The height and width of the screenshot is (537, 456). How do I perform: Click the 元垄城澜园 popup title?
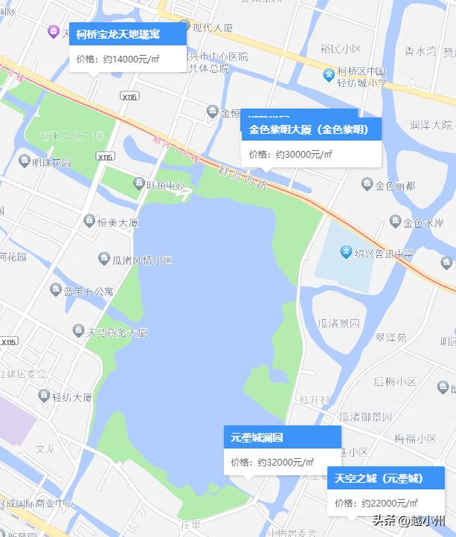click(257, 437)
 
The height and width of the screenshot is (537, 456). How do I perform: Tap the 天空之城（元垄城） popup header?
click(379, 478)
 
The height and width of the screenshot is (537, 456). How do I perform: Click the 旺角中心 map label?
click(164, 184)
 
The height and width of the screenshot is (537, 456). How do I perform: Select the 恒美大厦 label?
click(118, 222)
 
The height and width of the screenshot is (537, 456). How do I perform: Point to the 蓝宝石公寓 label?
click(89, 291)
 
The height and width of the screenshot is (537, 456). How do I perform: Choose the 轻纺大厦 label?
click(71, 397)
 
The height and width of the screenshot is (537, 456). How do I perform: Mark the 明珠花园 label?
click(52, 163)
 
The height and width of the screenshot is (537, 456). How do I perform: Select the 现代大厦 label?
click(212, 28)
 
